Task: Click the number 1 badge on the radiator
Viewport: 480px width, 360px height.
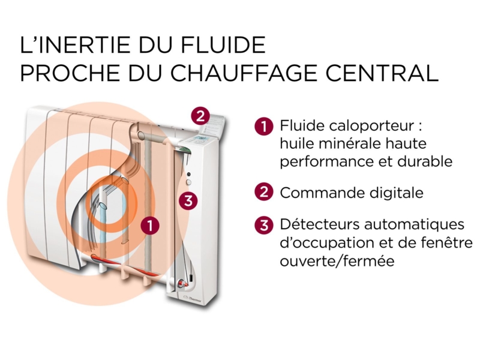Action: pyautogui.click(x=150, y=226)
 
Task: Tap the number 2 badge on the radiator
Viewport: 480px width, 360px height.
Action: pyautogui.click(x=200, y=116)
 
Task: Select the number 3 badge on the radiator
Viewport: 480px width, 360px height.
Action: pyautogui.click(x=188, y=201)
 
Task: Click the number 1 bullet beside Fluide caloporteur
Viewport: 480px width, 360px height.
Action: pyautogui.click(x=263, y=126)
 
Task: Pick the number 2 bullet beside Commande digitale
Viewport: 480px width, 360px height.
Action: pyautogui.click(x=263, y=192)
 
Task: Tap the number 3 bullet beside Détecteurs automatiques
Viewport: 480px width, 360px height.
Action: pyautogui.click(x=263, y=226)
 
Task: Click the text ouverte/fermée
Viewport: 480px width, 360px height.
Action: pyautogui.click(x=337, y=261)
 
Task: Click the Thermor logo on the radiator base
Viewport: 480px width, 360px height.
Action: pyautogui.click(x=193, y=298)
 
